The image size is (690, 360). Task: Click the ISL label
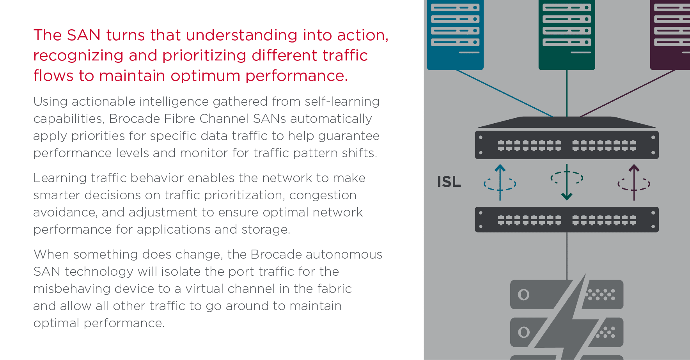[449, 182]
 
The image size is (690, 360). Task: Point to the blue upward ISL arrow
[500, 182]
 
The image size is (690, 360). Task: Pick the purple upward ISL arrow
[634, 182]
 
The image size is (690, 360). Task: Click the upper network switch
[566, 145]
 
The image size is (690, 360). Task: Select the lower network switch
[566, 220]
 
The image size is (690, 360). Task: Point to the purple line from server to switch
[628, 93]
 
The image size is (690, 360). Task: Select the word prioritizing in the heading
[204, 55]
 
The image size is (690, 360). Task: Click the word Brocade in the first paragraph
[135, 119]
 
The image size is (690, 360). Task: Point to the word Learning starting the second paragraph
[60, 178]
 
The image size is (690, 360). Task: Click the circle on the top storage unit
[523, 294]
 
